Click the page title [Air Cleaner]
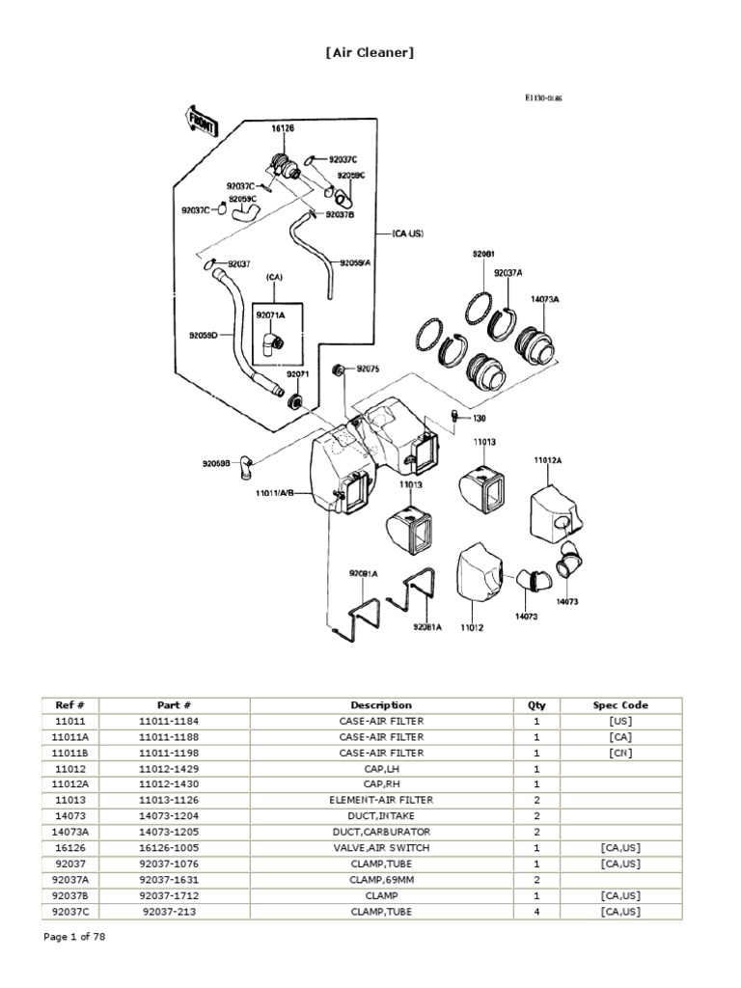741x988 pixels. (370, 52)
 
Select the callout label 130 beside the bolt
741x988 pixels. (480, 418)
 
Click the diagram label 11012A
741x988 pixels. (548, 460)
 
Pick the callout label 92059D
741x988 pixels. (204, 336)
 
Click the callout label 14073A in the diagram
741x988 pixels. (544, 299)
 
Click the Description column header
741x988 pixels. (381, 705)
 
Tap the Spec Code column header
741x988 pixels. (620, 705)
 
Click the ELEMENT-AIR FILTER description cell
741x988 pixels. (381, 800)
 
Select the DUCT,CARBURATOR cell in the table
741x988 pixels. (381, 832)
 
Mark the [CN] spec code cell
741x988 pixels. (620, 753)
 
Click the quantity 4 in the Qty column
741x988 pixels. (535, 911)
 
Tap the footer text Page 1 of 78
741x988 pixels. (75, 937)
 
